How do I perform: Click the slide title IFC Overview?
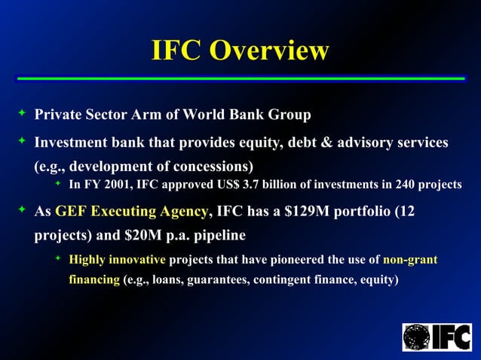240,50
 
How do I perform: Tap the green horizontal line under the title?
240,78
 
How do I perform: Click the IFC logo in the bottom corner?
437,337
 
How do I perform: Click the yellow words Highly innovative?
117,261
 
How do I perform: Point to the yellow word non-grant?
410,261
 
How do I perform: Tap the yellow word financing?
94,280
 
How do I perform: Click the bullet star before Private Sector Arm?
22,114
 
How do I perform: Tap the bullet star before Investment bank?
22,141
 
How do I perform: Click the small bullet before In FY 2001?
58,184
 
